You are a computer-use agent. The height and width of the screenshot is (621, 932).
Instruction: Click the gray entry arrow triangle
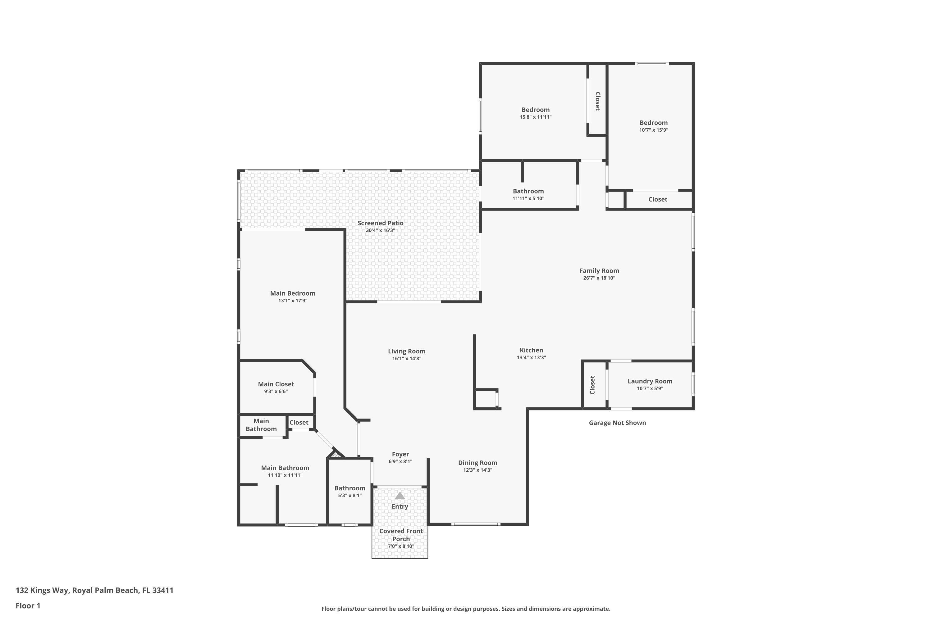tap(400, 496)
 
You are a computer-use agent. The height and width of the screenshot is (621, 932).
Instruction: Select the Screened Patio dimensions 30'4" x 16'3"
tap(380, 230)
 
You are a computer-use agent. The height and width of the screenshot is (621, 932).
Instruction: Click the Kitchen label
tap(531, 350)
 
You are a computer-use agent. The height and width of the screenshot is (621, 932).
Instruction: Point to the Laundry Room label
tap(650, 381)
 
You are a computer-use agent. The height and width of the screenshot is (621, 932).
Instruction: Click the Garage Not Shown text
tap(617, 423)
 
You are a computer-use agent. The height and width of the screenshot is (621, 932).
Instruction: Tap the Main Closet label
tap(276, 384)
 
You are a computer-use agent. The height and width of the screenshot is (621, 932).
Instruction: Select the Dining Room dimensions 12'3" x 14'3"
tap(477, 470)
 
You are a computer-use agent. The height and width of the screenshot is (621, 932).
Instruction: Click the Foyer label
tap(400, 454)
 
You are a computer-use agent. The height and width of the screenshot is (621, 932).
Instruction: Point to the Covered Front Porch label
tap(401, 535)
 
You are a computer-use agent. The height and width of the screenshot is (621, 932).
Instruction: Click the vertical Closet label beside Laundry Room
tap(592, 385)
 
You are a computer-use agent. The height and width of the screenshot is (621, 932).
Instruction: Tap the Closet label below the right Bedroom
tap(657, 199)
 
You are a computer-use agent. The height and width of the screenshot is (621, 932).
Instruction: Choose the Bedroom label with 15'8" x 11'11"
tap(535, 110)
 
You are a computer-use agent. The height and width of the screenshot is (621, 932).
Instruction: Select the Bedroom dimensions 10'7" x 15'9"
tap(653, 130)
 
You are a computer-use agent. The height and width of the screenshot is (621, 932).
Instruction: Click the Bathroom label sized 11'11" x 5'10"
tap(528, 191)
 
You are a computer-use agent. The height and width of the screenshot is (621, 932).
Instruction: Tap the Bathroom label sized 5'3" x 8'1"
tap(349, 488)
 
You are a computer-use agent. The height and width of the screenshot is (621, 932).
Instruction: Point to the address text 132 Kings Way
tap(94, 590)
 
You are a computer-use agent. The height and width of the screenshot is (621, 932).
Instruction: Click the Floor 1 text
tap(28, 605)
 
